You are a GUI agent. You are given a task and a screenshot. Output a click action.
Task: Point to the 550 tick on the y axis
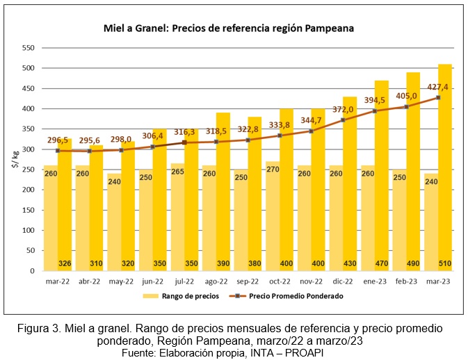[27, 48]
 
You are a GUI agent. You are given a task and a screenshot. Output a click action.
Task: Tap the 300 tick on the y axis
[27, 149]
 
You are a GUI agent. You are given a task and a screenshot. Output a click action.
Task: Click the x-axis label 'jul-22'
[184, 281]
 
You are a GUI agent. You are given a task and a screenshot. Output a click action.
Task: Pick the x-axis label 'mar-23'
[437, 281]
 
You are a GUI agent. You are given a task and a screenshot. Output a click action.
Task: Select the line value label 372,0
[342, 109]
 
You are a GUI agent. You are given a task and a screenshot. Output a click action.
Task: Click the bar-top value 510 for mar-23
[445, 263]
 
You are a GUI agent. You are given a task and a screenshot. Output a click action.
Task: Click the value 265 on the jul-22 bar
[177, 172]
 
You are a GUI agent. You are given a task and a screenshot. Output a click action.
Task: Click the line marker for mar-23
[438, 97]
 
